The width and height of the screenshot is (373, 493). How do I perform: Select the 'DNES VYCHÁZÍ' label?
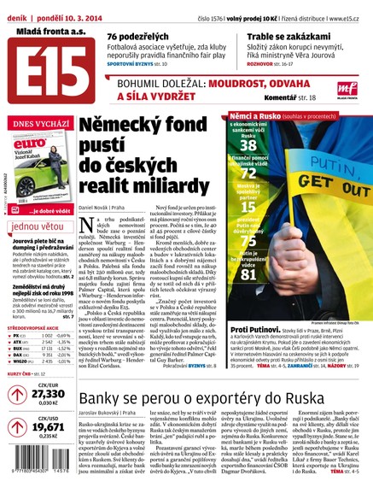coord(35,125)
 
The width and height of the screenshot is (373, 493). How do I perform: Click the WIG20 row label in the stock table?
coord(25,361)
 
